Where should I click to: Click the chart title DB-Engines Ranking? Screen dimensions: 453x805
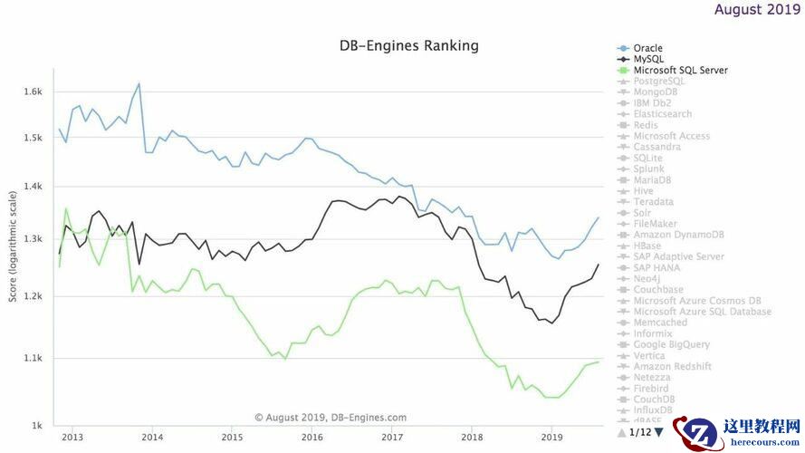point(408,45)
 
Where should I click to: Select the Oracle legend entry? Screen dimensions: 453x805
point(648,48)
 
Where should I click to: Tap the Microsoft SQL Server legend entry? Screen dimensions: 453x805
point(680,70)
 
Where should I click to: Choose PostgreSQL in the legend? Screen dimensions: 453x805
point(658,81)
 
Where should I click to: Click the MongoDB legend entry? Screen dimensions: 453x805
point(656,92)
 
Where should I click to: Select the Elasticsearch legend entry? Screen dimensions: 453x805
point(662,114)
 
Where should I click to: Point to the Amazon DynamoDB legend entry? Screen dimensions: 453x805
point(678,235)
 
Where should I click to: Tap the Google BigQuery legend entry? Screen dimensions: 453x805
point(671,344)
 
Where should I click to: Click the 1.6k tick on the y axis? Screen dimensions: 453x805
point(34,92)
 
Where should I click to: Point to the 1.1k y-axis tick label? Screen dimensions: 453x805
point(34,359)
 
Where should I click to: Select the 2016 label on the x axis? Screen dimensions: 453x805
point(312,437)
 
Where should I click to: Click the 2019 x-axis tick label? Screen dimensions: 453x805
point(551,437)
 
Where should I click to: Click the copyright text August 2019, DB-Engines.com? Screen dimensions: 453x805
point(331,418)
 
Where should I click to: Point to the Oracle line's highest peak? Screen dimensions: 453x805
point(139,83)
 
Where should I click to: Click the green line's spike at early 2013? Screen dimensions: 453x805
point(66,208)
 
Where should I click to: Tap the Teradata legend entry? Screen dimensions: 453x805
point(653,202)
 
